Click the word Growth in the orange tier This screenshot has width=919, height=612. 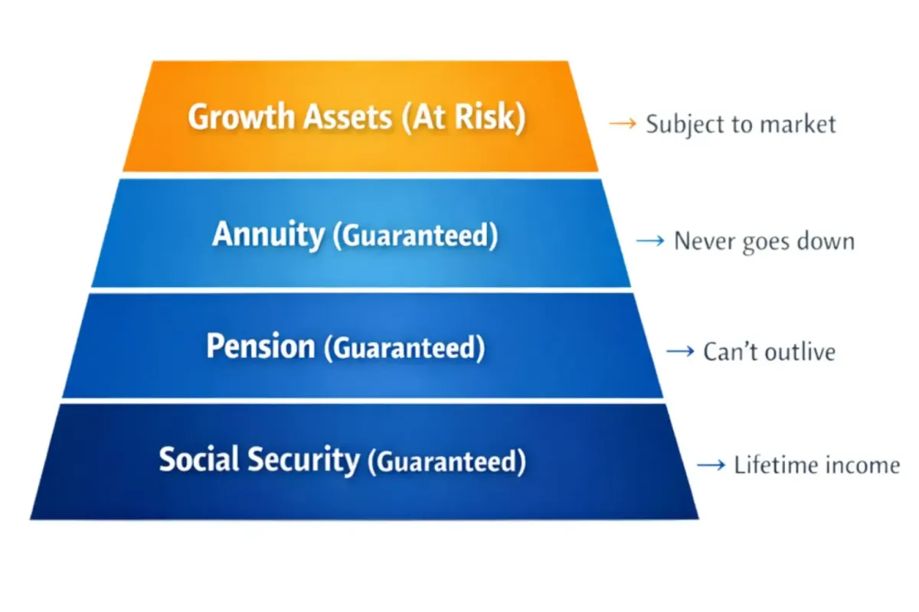point(241,118)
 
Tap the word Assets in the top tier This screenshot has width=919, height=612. point(348,117)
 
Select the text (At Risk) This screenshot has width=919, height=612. point(463,118)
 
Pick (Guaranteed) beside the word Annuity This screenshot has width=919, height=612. point(415,236)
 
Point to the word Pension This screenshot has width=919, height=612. point(260,347)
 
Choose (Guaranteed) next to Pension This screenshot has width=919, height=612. point(404,348)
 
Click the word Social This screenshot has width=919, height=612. point(198,459)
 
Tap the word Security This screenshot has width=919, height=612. point(303,461)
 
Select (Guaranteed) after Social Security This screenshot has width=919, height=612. point(446,461)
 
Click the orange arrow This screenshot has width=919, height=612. point(623,123)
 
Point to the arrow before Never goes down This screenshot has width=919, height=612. point(650,241)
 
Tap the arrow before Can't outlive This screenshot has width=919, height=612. point(680,351)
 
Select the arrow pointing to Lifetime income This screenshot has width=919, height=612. point(711,465)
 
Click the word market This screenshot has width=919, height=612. point(797,124)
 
